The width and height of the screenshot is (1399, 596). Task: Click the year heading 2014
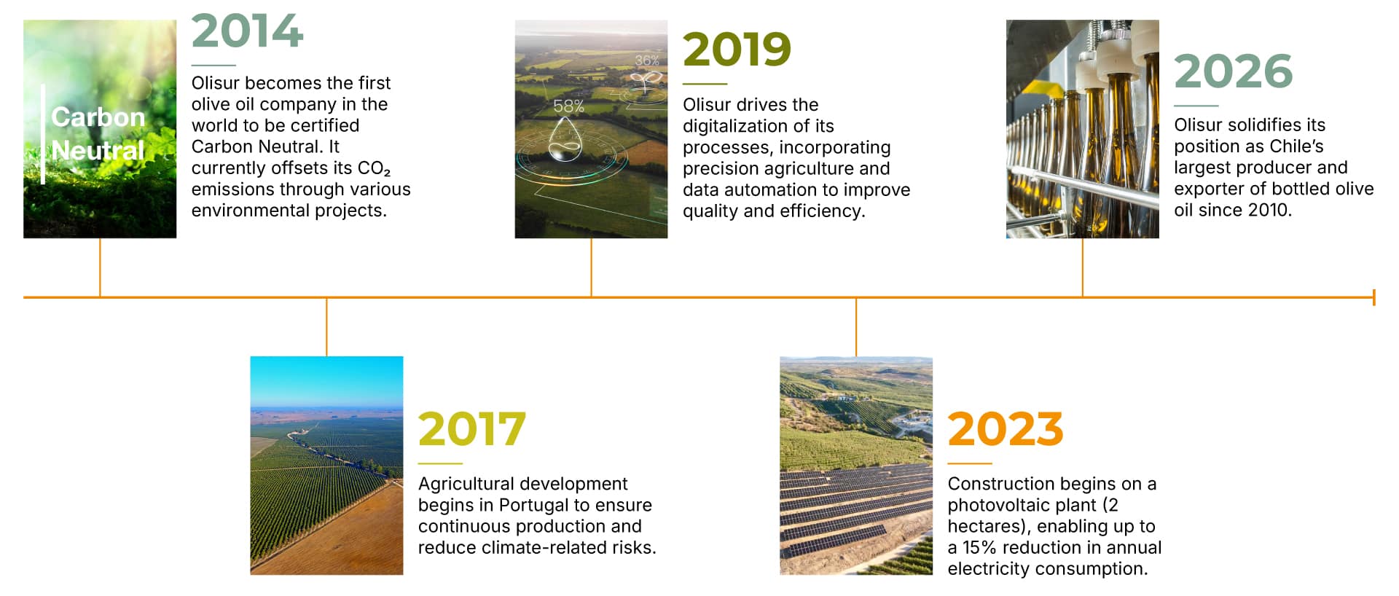click(x=247, y=31)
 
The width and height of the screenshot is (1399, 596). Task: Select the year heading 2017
click(x=471, y=429)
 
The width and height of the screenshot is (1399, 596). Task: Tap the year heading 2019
click(x=737, y=49)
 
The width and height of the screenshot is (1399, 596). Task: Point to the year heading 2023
click(x=1005, y=429)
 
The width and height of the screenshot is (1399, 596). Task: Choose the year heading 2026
click(x=1233, y=71)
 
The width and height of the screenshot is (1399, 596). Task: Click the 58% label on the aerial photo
click(x=568, y=106)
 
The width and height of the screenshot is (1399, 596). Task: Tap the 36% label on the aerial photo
click(x=646, y=60)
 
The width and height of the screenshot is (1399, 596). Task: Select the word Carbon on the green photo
click(x=98, y=117)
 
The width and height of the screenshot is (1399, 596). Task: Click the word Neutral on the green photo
click(x=98, y=151)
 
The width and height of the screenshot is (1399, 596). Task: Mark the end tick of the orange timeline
click(x=1373, y=297)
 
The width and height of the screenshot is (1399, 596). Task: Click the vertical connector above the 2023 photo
click(x=856, y=327)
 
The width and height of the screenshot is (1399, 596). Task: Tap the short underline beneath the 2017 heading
click(x=440, y=463)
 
